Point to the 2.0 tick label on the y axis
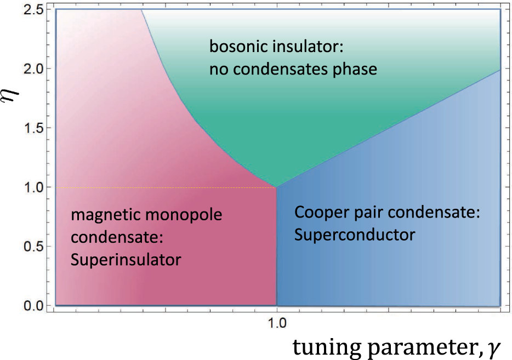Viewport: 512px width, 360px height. pos(35,68)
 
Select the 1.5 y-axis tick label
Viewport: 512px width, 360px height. pos(35,128)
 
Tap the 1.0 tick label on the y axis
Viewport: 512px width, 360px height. pos(35,187)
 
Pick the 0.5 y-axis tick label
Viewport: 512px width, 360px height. pos(35,247)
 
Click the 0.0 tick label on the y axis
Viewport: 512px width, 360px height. pos(35,305)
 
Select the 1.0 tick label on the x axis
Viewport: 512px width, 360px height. pos(276,323)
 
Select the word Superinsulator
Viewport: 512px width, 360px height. pos(126,259)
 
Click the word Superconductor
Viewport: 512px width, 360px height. pos(354,235)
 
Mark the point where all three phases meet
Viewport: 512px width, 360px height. pos(276,187)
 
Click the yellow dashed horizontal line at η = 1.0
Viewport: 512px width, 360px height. pos(164,188)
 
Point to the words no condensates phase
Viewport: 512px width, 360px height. pos(293,70)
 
